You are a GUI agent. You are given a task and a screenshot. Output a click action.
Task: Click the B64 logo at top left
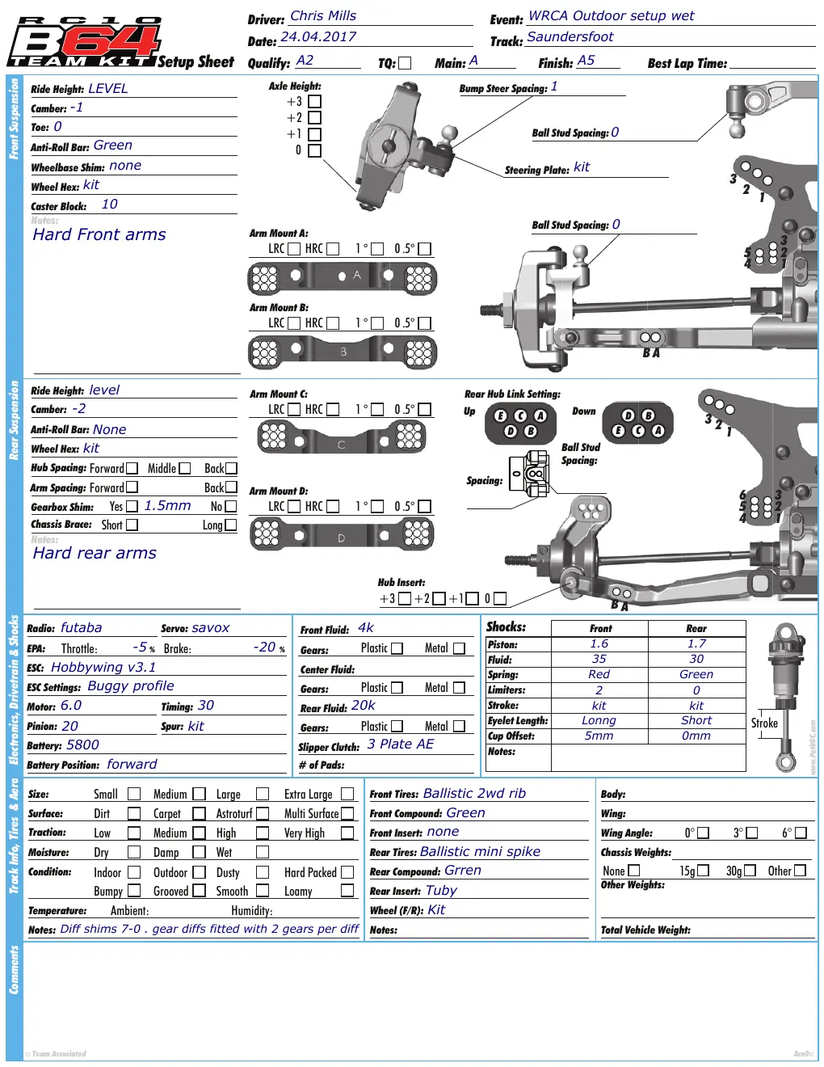84,42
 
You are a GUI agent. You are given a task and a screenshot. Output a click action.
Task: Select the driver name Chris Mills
323,15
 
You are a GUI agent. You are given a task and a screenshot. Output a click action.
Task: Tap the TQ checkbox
405,63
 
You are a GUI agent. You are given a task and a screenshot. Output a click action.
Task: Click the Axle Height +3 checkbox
314,101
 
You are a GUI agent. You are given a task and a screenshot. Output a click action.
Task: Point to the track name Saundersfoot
570,37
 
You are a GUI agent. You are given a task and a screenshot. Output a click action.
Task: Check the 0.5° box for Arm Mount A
424,249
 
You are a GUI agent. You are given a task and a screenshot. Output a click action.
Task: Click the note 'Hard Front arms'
99,234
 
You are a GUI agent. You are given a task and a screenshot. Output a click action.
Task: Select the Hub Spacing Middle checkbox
184,468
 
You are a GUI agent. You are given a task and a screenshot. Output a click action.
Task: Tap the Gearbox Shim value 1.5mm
167,506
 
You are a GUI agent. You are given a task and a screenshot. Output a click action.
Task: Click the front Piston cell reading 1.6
599,643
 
